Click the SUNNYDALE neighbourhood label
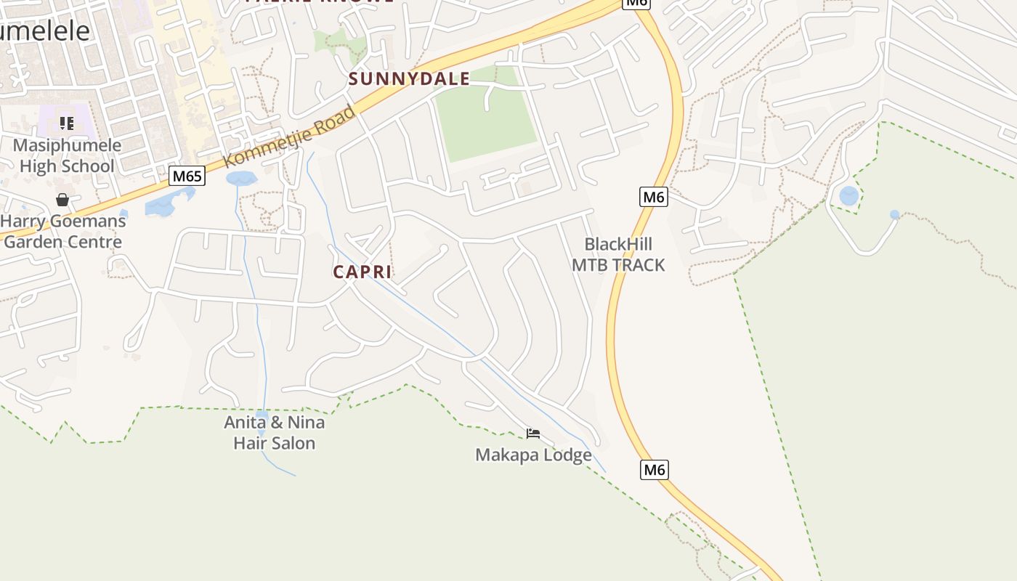coord(409,78)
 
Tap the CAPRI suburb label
coord(362,272)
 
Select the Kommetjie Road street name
coord(290,137)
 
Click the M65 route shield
coord(187,176)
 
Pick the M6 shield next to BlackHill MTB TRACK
coord(654,196)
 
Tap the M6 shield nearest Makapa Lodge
coord(655,469)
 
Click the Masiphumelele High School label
coord(67,155)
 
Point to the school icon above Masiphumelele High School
coord(67,123)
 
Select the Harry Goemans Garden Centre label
coord(64,231)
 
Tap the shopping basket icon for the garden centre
coord(62,200)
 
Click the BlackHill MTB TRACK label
coord(618,254)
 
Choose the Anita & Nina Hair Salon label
coord(274,432)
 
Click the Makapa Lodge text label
coord(533,455)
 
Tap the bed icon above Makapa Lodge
coord(533,434)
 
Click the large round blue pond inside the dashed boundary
coord(848,195)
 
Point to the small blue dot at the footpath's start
coord(894,214)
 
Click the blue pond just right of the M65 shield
coord(241,178)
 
